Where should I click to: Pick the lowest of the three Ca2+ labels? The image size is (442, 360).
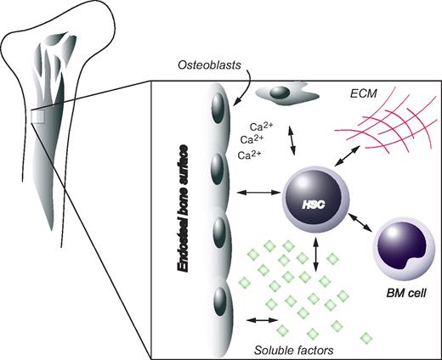[248, 155]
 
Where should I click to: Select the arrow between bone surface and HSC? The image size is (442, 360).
[256, 195]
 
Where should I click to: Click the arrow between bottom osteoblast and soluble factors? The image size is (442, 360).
[260, 321]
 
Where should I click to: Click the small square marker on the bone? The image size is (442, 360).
[37, 117]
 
